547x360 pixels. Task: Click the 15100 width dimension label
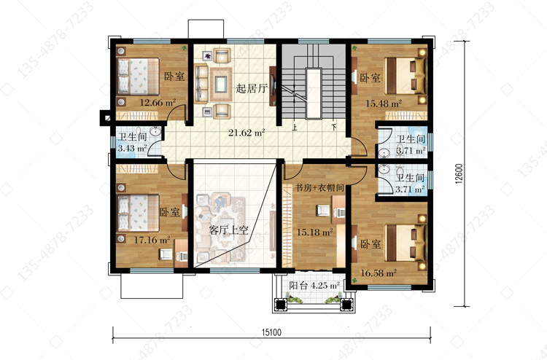[x=271, y=332]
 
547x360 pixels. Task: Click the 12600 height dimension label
[x=459, y=173]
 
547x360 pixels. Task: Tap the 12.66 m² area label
[x=158, y=103]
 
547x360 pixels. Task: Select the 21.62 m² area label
[x=247, y=133]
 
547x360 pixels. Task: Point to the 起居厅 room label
[x=252, y=88]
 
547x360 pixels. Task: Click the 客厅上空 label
[x=228, y=230]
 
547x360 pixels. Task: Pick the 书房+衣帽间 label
[x=319, y=188]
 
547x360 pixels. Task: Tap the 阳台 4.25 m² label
[x=314, y=286]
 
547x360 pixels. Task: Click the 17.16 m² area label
[x=152, y=240]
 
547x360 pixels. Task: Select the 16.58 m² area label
[x=379, y=273]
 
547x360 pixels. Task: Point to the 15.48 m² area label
[x=384, y=103]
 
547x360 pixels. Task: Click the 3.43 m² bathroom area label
[x=132, y=149]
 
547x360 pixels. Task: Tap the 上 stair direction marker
[x=295, y=128]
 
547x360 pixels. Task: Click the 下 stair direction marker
[x=334, y=128]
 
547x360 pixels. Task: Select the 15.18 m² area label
[x=314, y=232]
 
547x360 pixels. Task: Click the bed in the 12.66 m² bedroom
[x=139, y=76]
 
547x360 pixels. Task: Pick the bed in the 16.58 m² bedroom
[x=406, y=243]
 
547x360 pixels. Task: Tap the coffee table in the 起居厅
[x=221, y=83]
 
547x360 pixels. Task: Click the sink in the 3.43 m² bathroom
[x=155, y=132]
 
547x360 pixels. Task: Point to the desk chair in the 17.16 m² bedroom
[x=166, y=254]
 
